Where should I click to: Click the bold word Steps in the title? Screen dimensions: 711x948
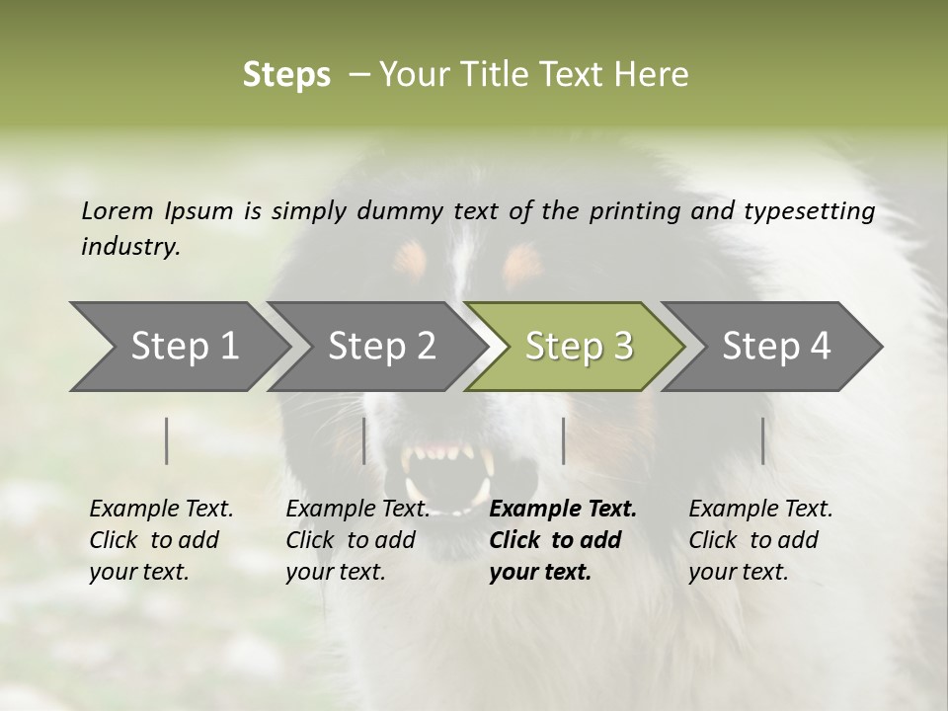click(286, 75)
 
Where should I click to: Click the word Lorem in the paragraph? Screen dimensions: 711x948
click(118, 210)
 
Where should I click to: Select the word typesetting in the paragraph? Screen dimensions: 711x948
click(809, 211)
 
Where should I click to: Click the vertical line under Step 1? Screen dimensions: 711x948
click(167, 440)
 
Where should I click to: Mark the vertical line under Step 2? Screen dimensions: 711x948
click(364, 440)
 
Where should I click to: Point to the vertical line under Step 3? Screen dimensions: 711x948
click(563, 440)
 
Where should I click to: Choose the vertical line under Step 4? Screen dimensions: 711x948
click(762, 440)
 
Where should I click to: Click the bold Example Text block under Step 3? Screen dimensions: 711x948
click(562, 540)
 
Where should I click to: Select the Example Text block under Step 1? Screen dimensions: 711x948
click(161, 540)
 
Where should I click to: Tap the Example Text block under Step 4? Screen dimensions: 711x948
click(760, 540)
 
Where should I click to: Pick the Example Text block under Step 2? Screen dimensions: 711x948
click(357, 540)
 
